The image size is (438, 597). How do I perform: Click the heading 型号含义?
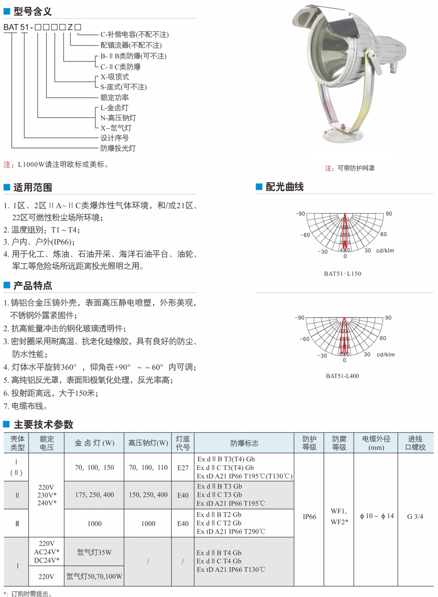point(32,11)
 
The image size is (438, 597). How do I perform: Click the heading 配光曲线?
point(284,187)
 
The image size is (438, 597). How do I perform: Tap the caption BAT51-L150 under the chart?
point(344,274)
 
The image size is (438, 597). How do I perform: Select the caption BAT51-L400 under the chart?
point(343,376)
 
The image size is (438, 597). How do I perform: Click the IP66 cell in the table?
point(310,517)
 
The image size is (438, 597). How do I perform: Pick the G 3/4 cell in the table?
point(415,517)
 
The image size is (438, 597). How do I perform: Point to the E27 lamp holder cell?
point(183,467)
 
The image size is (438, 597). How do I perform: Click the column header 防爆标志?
point(244,443)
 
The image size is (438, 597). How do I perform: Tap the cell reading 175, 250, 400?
point(94,495)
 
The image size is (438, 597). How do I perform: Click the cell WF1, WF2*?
point(339,517)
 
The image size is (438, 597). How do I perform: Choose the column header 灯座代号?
point(183,443)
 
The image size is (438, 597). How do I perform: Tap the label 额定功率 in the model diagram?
point(115,97)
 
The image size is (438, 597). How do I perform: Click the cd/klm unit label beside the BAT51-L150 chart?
point(386,250)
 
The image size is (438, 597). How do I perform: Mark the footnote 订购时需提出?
point(31,594)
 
